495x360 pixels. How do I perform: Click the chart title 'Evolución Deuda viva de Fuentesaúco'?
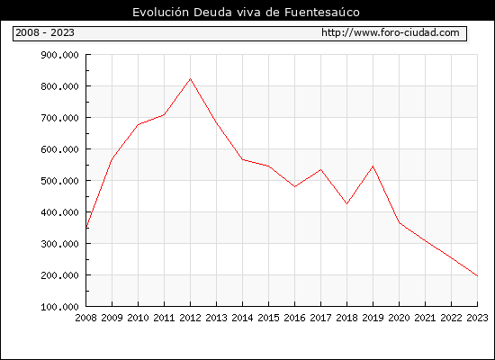pyautogui.click(x=246, y=13)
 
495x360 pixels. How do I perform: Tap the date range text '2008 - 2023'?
pyautogui.click(x=45, y=32)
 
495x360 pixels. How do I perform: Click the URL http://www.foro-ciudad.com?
pyautogui.click(x=391, y=32)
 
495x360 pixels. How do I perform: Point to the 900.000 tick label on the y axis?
pyautogui.click(x=59, y=55)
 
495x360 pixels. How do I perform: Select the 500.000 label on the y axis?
pyautogui.click(x=59, y=181)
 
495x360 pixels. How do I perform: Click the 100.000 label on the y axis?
pyautogui.click(x=59, y=307)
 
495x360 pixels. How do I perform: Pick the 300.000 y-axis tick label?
pyautogui.click(x=59, y=244)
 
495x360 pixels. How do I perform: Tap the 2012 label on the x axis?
pyautogui.click(x=191, y=318)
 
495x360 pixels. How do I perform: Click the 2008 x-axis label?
pyautogui.click(x=85, y=318)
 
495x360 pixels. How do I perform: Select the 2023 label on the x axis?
pyautogui.click(x=477, y=318)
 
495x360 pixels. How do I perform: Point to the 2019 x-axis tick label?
pyautogui.click(x=373, y=318)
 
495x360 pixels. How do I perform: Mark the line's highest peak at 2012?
pyautogui.click(x=191, y=78)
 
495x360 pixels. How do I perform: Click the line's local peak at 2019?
pyautogui.click(x=373, y=166)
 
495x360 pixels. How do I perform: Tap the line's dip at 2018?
pyautogui.click(x=346, y=203)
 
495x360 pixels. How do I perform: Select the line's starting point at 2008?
pyautogui.click(x=86, y=228)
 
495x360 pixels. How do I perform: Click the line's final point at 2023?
pyautogui.click(x=477, y=276)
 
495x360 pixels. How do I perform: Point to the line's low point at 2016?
pyautogui.click(x=294, y=186)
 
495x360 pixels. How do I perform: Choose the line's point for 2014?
pyautogui.click(x=242, y=159)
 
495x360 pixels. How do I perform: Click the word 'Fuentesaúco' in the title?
pyautogui.click(x=322, y=13)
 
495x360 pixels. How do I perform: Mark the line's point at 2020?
pyautogui.click(x=400, y=223)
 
